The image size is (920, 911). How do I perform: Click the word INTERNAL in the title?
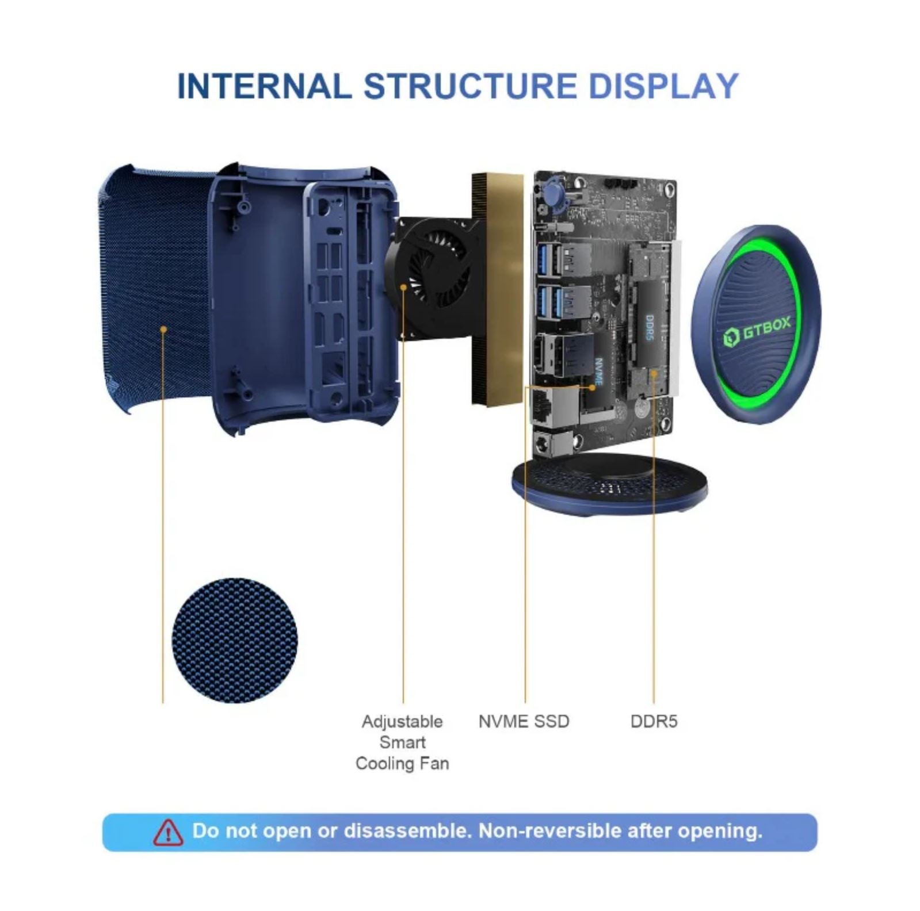[264, 86]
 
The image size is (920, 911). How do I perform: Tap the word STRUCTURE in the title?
[470, 86]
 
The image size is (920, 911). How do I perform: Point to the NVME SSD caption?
[524, 721]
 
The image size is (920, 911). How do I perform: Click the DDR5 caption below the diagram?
[654, 721]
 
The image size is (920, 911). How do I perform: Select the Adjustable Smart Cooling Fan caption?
[402, 742]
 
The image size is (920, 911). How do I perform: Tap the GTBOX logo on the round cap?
[757, 331]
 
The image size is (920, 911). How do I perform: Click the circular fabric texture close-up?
[235, 640]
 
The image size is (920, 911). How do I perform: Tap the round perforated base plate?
[609, 484]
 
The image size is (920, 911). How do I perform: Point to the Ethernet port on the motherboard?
[547, 405]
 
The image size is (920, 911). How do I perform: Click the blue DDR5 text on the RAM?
[650, 327]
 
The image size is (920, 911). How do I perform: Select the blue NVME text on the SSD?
[598, 372]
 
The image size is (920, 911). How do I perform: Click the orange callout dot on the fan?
[404, 286]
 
